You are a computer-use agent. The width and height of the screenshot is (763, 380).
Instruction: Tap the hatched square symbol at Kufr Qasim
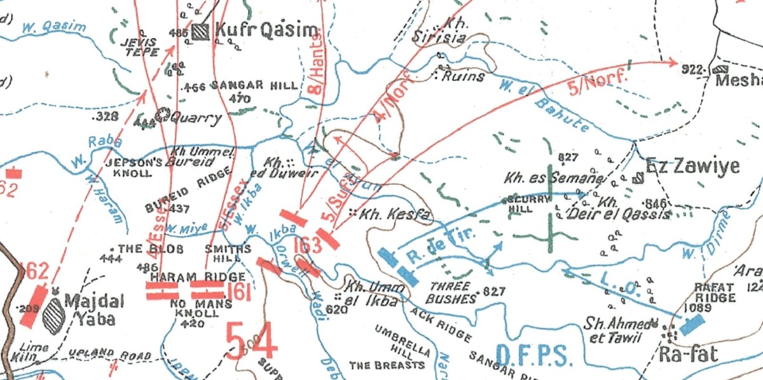(202, 30)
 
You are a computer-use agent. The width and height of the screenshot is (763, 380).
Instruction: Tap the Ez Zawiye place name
(692, 166)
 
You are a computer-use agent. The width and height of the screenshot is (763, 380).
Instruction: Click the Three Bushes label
(453, 292)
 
